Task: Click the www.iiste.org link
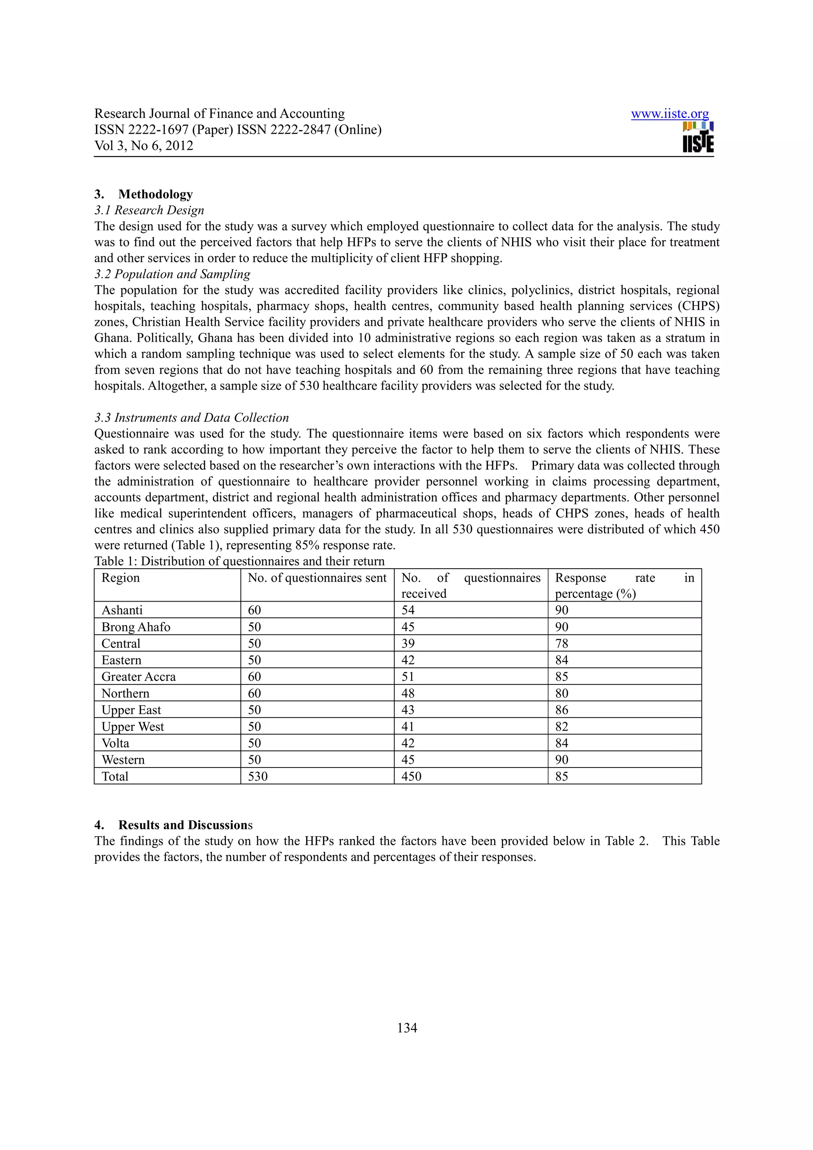coord(669,114)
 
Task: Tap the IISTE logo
coord(698,138)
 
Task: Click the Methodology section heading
coord(155,194)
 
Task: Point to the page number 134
coord(407,1028)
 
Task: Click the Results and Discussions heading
coord(185,825)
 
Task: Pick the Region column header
coord(121,578)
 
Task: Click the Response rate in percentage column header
coord(624,586)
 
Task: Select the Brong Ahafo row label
coord(136,627)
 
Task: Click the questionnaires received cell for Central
coord(408,644)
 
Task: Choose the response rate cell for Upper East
coord(562,710)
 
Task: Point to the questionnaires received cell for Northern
coord(408,693)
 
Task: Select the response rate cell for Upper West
coord(562,726)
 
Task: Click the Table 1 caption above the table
coord(239,561)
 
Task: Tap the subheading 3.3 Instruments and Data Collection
coord(191,418)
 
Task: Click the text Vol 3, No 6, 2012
coord(144,146)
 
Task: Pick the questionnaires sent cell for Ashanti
coord(254,610)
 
